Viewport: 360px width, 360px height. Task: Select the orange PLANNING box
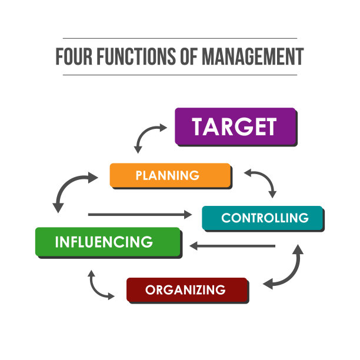(171, 176)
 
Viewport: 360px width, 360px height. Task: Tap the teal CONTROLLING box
(263, 218)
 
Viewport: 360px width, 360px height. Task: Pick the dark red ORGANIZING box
(188, 291)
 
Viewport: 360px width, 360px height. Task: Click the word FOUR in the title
(74, 56)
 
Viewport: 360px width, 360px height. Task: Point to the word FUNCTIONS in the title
(136, 56)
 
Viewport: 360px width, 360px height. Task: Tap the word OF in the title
(189, 56)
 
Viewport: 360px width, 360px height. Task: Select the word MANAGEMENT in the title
(253, 56)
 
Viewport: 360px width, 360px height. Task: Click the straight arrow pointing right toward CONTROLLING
(140, 215)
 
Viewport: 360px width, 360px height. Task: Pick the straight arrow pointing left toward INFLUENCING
(232, 246)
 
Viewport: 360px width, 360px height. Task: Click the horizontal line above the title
(180, 38)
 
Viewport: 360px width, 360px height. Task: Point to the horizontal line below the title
(180, 75)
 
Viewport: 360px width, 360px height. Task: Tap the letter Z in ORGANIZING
(199, 290)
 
